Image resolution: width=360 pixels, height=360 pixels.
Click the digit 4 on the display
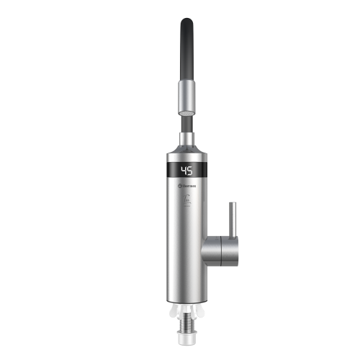click(183, 171)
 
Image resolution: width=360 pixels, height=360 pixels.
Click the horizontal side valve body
click(217, 251)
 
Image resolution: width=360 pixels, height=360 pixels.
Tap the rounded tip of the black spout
click(186, 24)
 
